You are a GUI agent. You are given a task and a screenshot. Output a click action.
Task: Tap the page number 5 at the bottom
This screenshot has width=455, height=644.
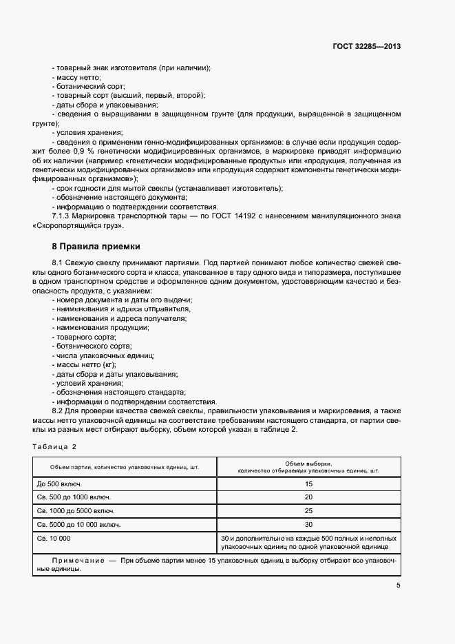[399, 586]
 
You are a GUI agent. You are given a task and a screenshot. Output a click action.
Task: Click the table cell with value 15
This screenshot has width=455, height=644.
[308, 484]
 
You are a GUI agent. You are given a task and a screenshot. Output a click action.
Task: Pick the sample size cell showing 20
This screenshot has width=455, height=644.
[308, 497]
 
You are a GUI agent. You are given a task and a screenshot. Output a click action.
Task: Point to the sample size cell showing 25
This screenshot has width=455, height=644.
[308, 511]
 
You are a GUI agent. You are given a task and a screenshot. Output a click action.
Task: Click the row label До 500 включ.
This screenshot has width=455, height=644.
[59, 484]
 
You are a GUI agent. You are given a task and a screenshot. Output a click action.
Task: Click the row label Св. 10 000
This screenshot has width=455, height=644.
[54, 538]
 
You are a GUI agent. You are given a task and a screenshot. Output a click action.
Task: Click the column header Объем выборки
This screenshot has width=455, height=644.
[308, 464]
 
